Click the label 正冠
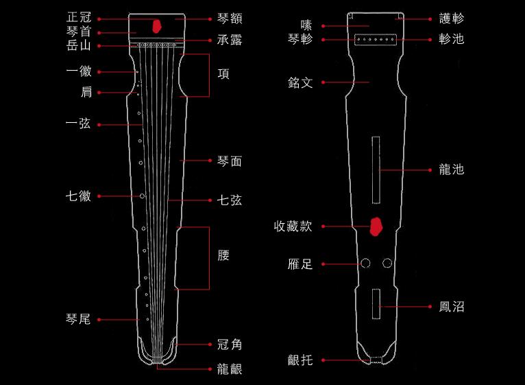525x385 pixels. click(79, 17)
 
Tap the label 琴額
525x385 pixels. click(230, 19)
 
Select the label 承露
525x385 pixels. click(230, 40)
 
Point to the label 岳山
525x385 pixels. click(79, 45)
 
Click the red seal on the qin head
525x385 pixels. click(157, 26)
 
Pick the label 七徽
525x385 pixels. click(78, 196)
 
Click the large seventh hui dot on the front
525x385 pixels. click(142, 196)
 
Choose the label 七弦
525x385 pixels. click(230, 200)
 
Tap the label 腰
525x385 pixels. click(223, 255)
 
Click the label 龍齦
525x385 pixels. click(230, 369)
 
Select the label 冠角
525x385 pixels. click(230, 345)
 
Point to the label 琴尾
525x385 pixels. click(78, 319)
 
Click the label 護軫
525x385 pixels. click(452, 19)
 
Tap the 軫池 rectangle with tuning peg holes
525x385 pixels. click(376, 40)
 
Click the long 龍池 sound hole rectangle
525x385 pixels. click(376, 170)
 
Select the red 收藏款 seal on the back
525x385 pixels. click(376, 226)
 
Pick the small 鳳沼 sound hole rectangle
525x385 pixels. click(376, 304)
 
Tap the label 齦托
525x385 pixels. click(300, 360)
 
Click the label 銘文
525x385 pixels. click(300, 82)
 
